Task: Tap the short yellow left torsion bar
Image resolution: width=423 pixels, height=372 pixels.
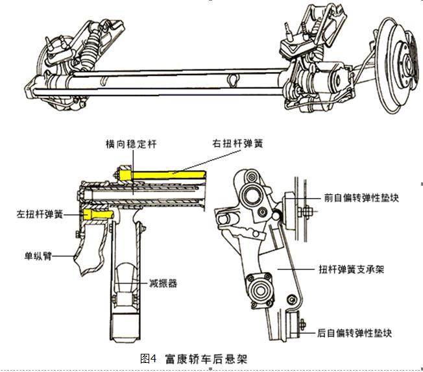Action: [x=96, y=213]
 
